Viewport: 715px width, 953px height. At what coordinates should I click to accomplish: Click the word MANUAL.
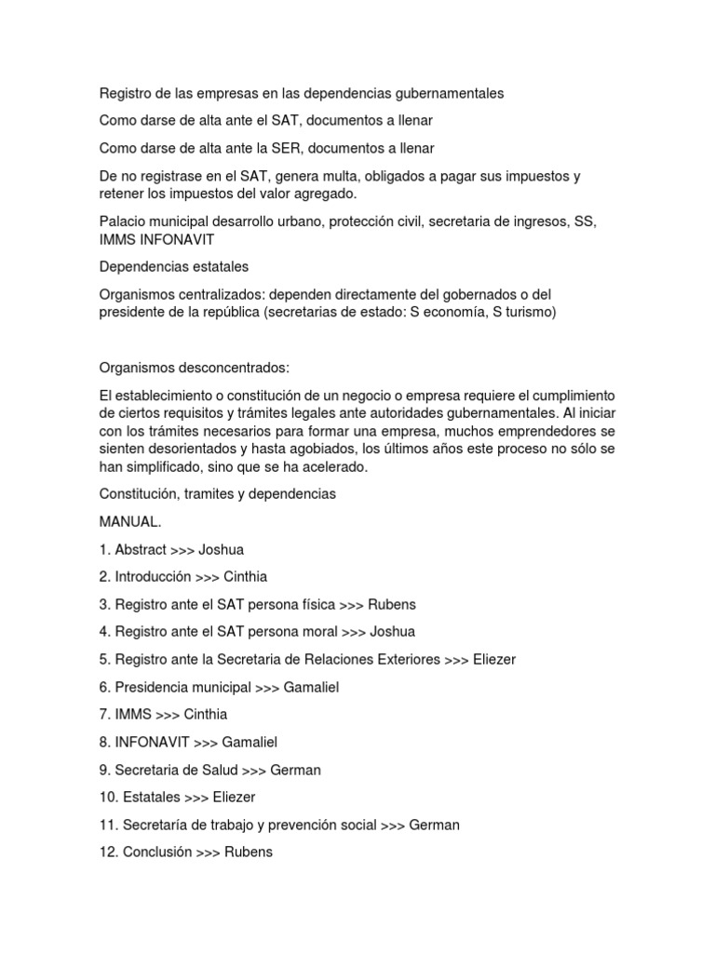pos(124,522)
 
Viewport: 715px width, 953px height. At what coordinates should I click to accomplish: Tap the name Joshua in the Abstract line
pos(221,550)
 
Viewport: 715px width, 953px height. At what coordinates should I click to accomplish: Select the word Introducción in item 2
pos(153,577)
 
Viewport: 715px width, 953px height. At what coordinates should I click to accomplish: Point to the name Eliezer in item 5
pos(494,660)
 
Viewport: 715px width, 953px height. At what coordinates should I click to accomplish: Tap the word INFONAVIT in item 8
pos(153,743)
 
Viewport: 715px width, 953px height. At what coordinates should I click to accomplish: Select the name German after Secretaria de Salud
pos(295,770)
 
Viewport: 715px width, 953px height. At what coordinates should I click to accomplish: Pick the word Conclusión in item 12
pos(157,852)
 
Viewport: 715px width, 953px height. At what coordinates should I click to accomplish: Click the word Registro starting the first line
pos(125,93)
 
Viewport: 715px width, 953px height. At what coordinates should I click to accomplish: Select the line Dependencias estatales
pos(174,267)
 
